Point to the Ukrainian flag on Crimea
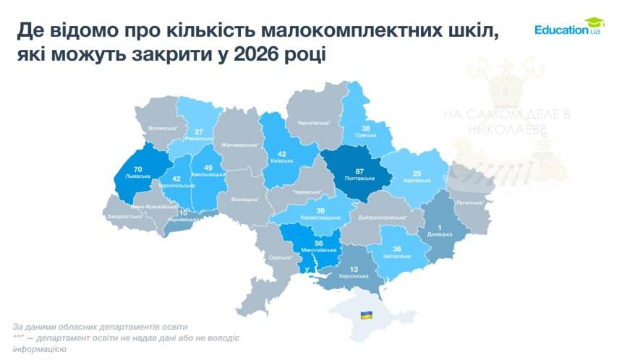pyautogui.click(x=367, y=315)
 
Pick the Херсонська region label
pyautogui.click(x=354, y=277)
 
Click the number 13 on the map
pyautogui.click(x=353, y=270)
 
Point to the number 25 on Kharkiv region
pyautogui.click(x=416, y=173)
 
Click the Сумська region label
pyautogui.click(x=366, y=135)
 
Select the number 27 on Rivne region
pyautogui.click(x=198, y=132)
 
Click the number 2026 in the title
pyautogui.click(x=264, y=54)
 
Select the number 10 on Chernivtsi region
pyautogui.click(x=182, y=213)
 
